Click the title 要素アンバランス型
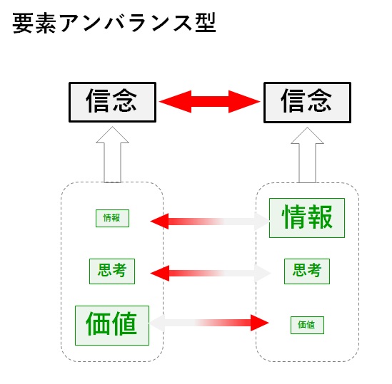coord(114,23)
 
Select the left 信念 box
coord(113,102)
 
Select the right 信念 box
coord(307,103)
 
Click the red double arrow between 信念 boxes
coord(210,102)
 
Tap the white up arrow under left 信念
coord(113,155)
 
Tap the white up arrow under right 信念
coord(307,155)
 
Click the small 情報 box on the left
coord(113,218)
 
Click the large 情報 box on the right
coord(307,218)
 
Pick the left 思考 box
coord(112,271)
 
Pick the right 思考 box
coord(307,271)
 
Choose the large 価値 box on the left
coord(112,326)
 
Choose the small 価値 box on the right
coord(307,325)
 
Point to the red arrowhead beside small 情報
coord(159,221)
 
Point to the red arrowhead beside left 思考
coord(159,273)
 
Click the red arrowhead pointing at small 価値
coord(260,323)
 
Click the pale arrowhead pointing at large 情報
coord(261,221)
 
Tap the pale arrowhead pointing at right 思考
coord(263,273)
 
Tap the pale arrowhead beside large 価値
coord(158,323)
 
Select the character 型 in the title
coord(206,23)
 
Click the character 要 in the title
coord(23,23)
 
